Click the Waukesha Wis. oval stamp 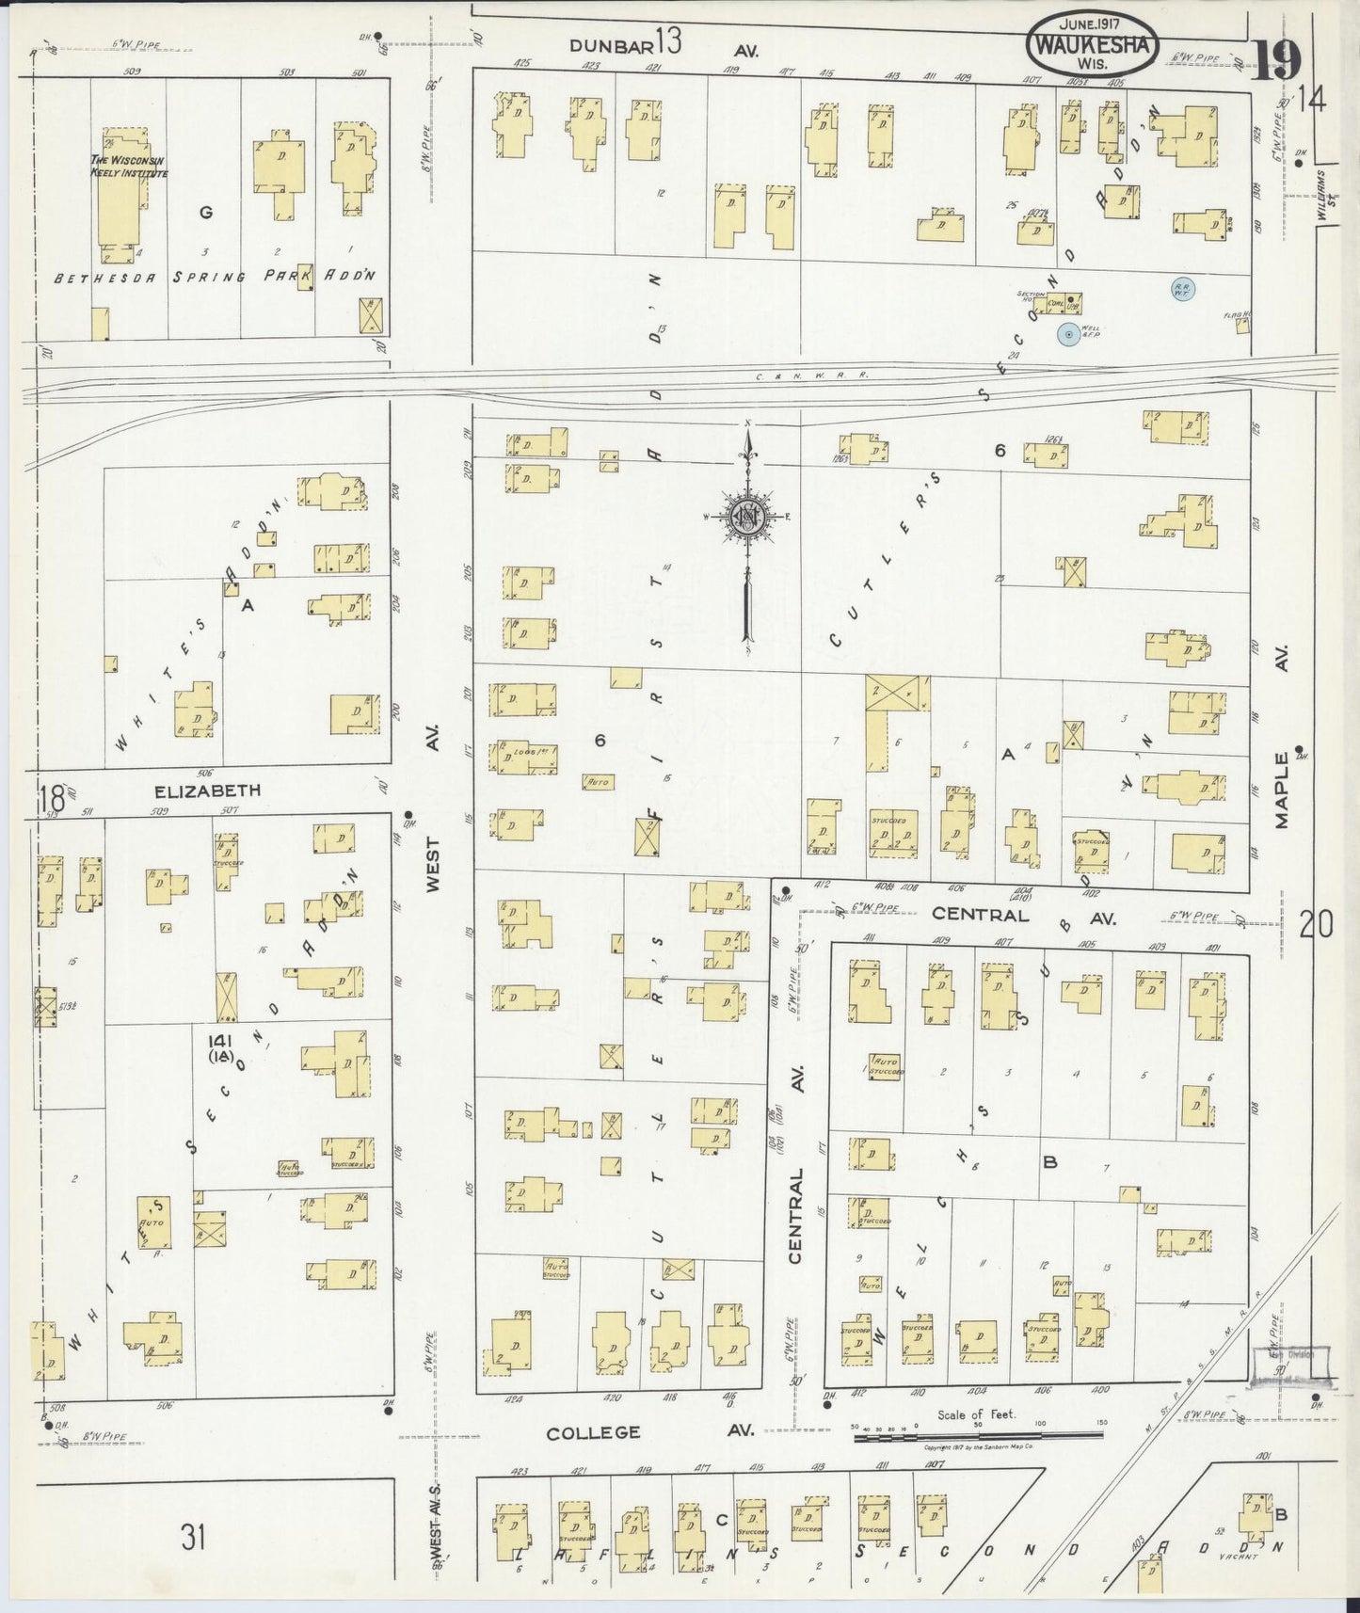[1093, 42]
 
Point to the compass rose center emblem [746, 516]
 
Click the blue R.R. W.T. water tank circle [1181, 290]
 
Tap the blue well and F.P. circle [1067, 333]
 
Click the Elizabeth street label [208, 791]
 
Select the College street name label [594, 1432]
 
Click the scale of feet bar [979, 1436]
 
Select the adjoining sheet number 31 [193, 1538]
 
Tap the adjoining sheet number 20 [1316, 926]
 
